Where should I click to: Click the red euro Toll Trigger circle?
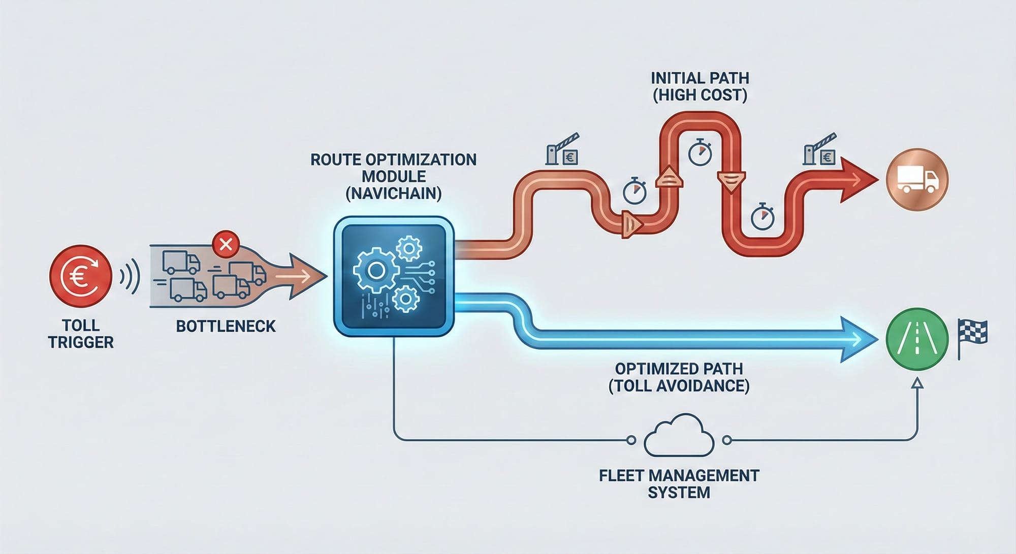pos(80,276)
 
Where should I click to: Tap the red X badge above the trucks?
pos(226,244)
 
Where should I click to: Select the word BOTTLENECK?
pos(226,326)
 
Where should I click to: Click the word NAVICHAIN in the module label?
pos(393,193)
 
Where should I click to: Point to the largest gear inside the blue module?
pos(376,270)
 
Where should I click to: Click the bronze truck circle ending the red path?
pos(917,179)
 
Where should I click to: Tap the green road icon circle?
pos(917,339)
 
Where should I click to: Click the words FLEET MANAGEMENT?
pos(679,476)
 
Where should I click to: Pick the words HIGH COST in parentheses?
pos(700,95)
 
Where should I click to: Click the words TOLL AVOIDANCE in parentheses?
pos(679,386)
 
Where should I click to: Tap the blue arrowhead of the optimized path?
pos(859,339)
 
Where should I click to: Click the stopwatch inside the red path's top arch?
pos(700,152)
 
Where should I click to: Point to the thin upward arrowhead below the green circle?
pos(917,382)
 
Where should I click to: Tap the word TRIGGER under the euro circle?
pos(81,342)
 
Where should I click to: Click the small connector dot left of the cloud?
pos(631,440)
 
